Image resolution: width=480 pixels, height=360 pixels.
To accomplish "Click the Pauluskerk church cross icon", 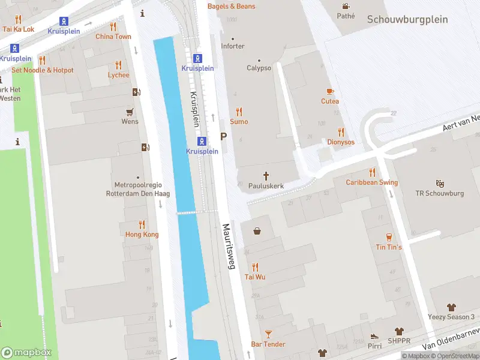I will tap(266, 175).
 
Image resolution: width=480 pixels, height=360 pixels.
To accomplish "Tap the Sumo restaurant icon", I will tap(239, 111).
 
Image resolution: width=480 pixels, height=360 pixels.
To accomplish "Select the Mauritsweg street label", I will tap(228, 247).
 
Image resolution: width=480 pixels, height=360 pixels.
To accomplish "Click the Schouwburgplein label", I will tap(407, 19).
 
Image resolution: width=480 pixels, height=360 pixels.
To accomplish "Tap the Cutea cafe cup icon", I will tap(329, 91).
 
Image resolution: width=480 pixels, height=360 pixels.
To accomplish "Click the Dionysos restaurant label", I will tap(340, 142).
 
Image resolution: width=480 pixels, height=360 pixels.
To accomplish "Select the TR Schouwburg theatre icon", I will tap(440, 183).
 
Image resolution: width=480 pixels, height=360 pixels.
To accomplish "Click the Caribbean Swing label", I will tap(371, 182).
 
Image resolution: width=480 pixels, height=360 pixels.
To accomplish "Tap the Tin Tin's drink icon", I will tap(389, 236).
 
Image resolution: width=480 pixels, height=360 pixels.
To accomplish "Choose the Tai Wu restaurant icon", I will tap(255, 266).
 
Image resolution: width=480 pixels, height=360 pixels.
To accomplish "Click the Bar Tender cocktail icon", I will tap(268, 334).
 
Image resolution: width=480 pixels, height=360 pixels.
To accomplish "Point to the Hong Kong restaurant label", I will tap(142, 234).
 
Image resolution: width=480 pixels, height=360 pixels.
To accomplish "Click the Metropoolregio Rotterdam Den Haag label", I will tap(138, 190).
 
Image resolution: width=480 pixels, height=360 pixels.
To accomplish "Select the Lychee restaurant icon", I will tap(118, 65).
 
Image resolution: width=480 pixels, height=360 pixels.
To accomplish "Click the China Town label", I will tap(113, 37).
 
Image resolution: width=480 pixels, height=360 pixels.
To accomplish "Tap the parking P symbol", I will tap(224, 137).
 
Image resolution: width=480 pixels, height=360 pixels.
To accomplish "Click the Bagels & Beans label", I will tap(231, 6).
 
